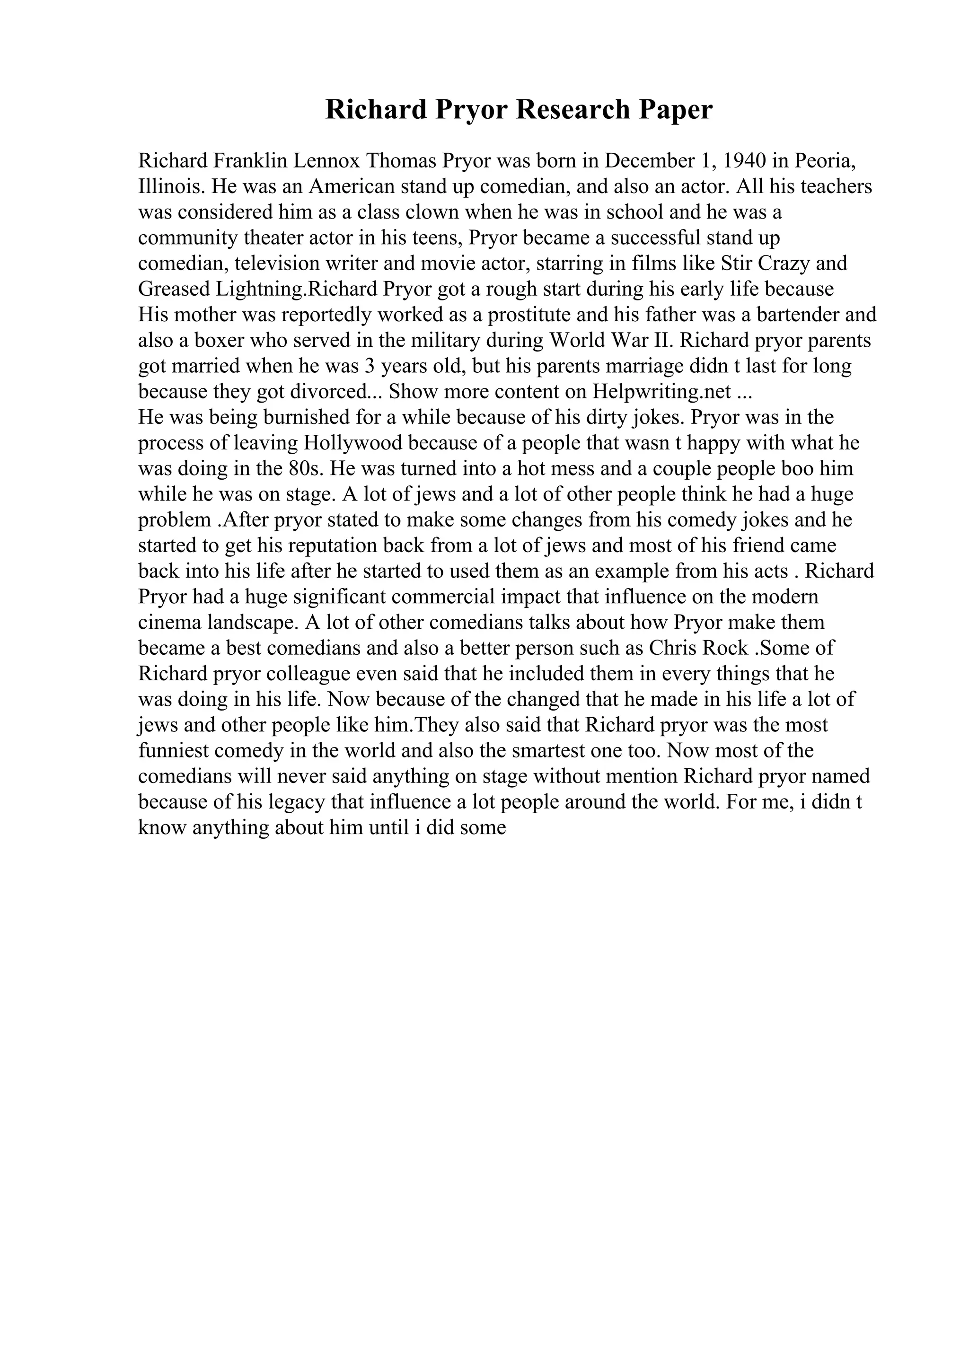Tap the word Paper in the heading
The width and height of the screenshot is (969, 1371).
676,110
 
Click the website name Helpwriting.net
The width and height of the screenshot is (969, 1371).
661,392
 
